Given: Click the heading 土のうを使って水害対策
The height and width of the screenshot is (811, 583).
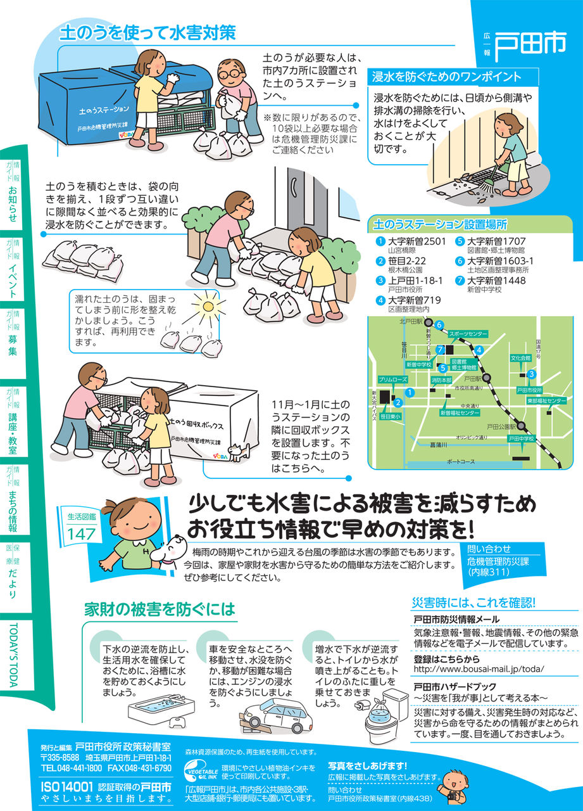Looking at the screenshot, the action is tap(147, 32).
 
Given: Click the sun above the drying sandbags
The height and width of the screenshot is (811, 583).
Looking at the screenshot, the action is tap(208, 307).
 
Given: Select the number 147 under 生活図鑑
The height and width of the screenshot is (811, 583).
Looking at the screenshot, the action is tap(82, 534).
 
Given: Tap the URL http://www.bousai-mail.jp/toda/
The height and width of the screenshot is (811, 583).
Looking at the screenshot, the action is tap(479, 669).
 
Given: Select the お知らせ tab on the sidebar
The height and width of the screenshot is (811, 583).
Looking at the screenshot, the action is tap(12, 203).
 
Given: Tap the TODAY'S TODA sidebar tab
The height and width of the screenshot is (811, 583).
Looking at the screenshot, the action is tap(13, 655).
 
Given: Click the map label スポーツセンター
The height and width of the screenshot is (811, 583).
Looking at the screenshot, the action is tap(468, 334).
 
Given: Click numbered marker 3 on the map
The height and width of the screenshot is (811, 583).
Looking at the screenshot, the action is tap(531, 374).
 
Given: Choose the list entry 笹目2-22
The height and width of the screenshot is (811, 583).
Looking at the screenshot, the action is tap(406, 260).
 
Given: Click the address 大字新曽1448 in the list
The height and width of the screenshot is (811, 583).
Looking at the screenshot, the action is tap(496, 280).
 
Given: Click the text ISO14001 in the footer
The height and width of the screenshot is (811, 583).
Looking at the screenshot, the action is tap(67, 787).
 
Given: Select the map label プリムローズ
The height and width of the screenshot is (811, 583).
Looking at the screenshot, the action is tap(392, 380).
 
